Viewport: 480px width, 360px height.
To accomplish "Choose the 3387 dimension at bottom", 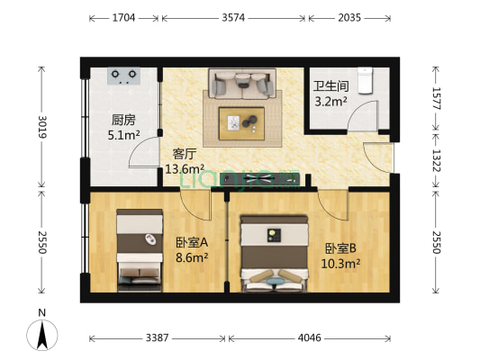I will click(158, 339).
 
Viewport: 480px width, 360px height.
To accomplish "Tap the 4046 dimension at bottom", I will click(310, 339).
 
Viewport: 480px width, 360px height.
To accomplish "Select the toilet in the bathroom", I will click(365, 80).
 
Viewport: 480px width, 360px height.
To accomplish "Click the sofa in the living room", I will click(241, 85).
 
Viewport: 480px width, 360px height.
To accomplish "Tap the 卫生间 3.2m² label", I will click(330, 94).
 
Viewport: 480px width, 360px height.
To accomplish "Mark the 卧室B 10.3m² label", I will click(341, 256).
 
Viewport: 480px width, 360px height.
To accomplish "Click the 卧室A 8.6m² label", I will click(192, 248).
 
